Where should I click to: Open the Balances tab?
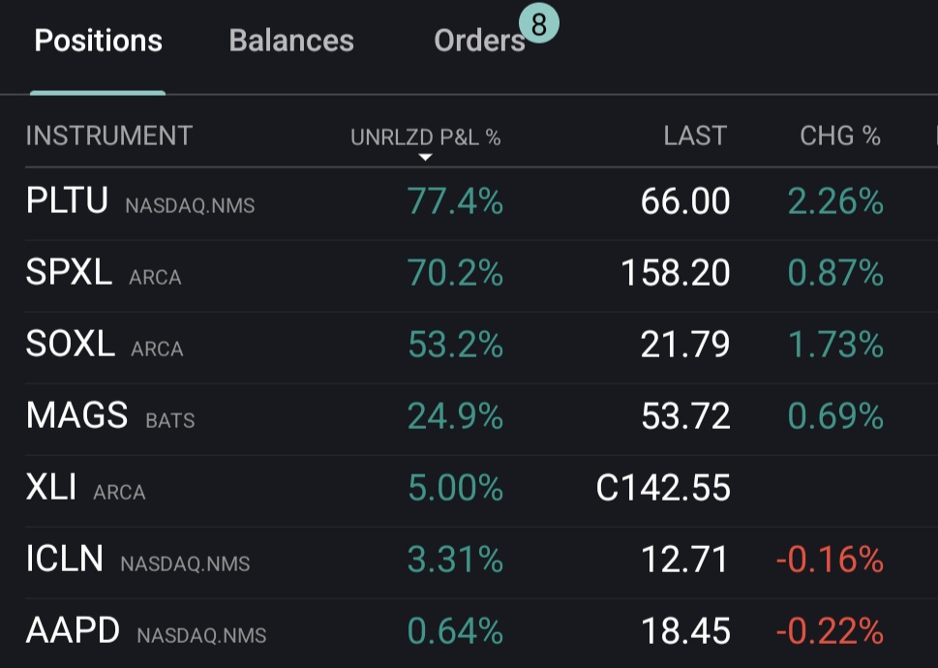tap(291, 41)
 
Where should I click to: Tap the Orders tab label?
tap(479, 41)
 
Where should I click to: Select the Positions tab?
tap(98, 41)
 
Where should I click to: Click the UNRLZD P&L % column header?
tap(425, 137)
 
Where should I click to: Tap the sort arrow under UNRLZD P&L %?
tap(425, 157)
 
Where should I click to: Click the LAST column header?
tap(694, 137)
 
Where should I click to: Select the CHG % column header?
tap(840, 137)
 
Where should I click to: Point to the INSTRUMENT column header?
tap(109, 137)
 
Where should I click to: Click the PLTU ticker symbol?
tap(67, 201)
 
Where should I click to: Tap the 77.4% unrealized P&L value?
tap(455, 201)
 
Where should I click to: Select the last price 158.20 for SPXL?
tap(675, 273)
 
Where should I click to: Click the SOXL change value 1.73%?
tap(835, 345)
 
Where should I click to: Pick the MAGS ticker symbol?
tap(76, 416)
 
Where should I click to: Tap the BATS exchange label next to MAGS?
tap(170, 421)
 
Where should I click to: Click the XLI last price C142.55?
tap(663, 488)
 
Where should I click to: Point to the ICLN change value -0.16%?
tap(830, 560)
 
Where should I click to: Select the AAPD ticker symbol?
tap(73, 631)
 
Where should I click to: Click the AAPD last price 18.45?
tap(685, 631)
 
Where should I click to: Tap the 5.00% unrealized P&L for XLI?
tap(455, 488)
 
